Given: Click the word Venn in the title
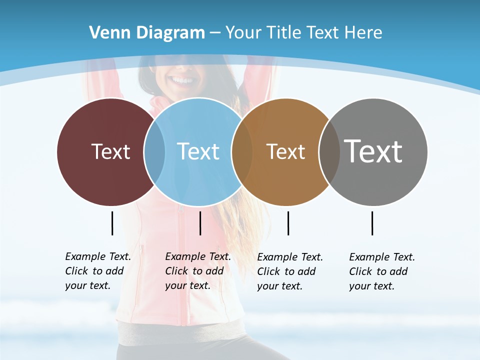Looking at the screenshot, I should click(x=104, y=33).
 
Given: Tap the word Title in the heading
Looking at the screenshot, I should click(x=284, y=33).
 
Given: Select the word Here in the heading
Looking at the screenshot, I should click(x=363, y=33).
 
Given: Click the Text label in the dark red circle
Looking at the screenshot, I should click(x=110, y=151).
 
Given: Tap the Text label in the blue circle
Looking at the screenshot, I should click(x=198, y=151).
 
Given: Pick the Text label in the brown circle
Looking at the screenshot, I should click(x=285, y=152).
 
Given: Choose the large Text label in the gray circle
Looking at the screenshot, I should click(x=373, y=151).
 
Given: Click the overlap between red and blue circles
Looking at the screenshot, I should click(x=154, y=152).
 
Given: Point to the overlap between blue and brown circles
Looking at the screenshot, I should click(x=242, y=152).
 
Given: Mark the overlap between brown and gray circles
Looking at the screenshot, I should click(x=329, y=152).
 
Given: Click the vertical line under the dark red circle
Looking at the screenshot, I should click(x=112, y=223).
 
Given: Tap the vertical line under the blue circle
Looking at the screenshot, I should click(x=200, y=223).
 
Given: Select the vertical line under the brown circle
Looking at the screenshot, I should click(x=288, y=223).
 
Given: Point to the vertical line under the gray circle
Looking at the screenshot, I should click(x=372, y=223).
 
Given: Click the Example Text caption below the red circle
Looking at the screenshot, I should click(x=98, y=271).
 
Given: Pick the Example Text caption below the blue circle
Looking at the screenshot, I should click(x=198, y=271).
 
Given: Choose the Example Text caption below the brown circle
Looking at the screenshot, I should click(x=290, y=271).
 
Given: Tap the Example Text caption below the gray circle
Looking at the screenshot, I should click(x=382, y=271).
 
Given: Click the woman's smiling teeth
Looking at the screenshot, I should click(x=181, y=80).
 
